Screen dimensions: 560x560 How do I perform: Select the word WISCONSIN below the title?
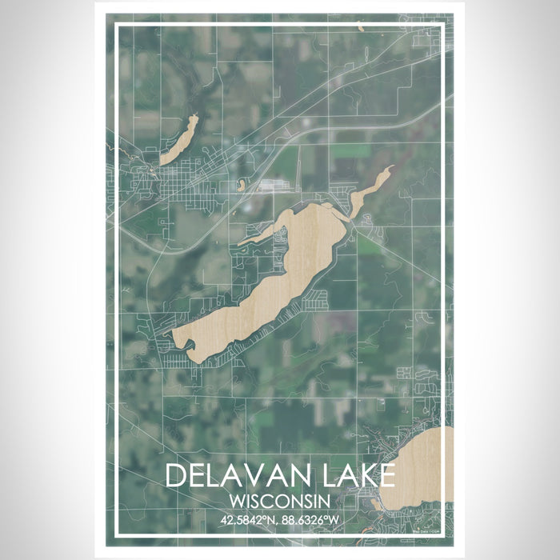coord(279,501)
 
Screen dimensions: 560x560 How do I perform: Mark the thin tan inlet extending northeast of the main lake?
coord(370,187)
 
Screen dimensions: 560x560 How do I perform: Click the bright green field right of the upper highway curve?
coord(351,150)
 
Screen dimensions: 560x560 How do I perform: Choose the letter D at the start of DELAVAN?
coord(175,474)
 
